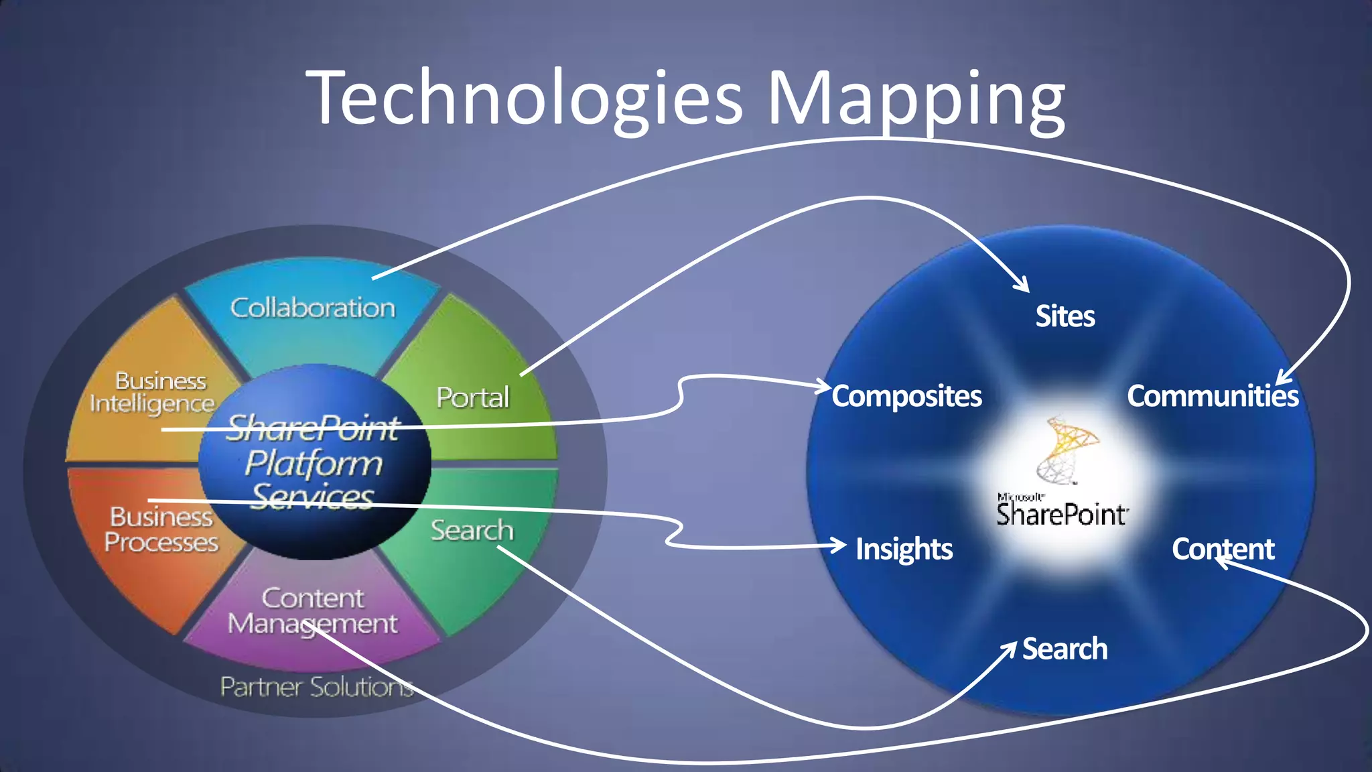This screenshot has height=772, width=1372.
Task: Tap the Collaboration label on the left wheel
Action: (x=313, y=308)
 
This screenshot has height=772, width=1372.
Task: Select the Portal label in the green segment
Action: (x=473, y=397)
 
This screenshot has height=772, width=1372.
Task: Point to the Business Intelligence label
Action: (x=153, y=392)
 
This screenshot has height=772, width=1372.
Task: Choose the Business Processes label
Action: (x=161, y=529)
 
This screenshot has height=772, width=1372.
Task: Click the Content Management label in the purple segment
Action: (x=313, y=610)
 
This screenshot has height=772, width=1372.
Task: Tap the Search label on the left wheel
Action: (x=472, y=530)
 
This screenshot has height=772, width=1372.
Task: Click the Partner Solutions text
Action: (x=317, y=687)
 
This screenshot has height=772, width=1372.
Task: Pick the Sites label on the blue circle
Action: (x=1065, y=316)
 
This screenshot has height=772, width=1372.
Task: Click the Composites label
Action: (x=907, y=396)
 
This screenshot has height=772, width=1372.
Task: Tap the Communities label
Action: (x=1213, y=396)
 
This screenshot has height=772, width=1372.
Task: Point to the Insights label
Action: (x=904, y=549)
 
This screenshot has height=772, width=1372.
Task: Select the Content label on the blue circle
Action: (x=1223, y=549)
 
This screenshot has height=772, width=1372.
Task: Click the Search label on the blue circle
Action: (x=1065, y=649)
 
